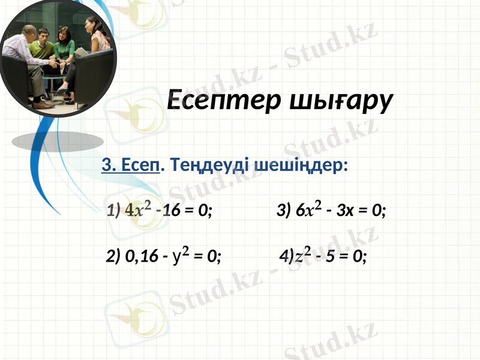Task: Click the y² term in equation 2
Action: [x=181, y=256]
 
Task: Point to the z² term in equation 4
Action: [x=302, y=256]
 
